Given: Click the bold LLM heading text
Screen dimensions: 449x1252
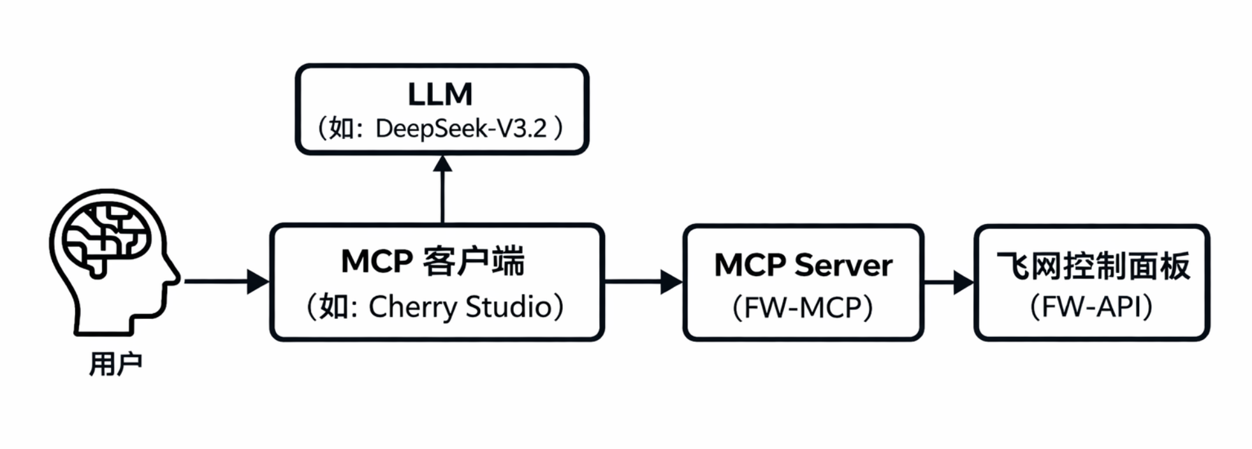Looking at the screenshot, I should click(x=440, y=94).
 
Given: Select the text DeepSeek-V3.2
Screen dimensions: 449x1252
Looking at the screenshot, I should click(x=461, y=129).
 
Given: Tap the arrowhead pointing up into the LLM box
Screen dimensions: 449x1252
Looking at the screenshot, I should click(x=442, y=164).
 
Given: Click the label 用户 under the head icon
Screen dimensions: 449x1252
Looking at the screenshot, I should click(x=115, y=365).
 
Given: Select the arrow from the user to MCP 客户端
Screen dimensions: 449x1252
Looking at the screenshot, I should click(x=223, y=281).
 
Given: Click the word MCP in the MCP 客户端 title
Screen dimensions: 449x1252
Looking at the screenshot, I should click(x=377, y=261).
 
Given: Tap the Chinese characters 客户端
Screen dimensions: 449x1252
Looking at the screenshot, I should click(x=473, y=261).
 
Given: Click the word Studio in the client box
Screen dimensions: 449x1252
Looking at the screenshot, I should click(x=508, y=307).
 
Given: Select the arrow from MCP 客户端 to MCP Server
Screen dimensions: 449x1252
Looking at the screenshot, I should click(x=641, y=281).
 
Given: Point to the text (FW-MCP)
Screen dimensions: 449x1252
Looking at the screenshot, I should click(x=802, y=307).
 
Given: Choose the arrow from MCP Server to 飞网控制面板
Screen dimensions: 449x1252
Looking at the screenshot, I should click(x=947, y=281).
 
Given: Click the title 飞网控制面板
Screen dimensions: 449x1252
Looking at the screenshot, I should click(x=1093, y=266).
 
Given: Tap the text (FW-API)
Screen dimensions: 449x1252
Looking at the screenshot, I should click(x=1091, y=307).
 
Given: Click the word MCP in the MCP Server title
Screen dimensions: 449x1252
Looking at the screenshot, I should click(x=750, y=265).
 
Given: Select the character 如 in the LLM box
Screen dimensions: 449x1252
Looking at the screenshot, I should click(x=342, y=129).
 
